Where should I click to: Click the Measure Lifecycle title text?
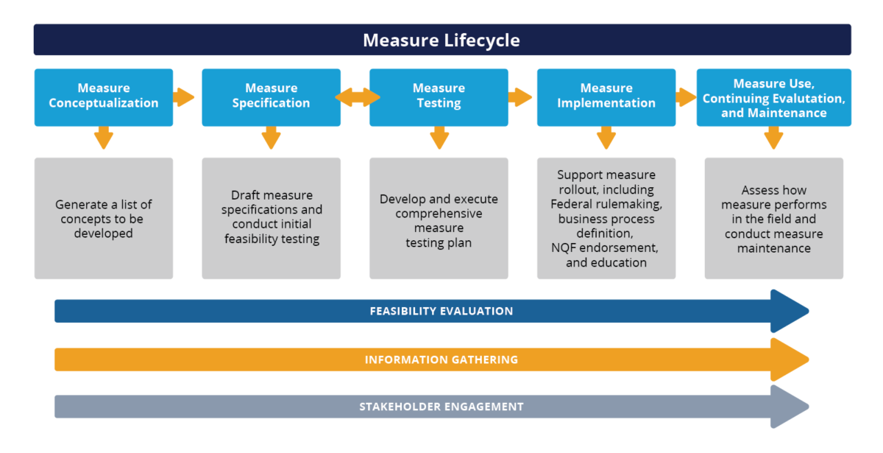pyautogui.click(x=441, y=40)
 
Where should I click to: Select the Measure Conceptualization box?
pyautogui.click(x=104, y=96)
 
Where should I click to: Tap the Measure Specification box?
pyautogui.click(x=271, y=96)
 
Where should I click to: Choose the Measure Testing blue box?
pyautogui.click(x=439, y=96)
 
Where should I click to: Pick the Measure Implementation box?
pyautogui.click(x=606, y=96)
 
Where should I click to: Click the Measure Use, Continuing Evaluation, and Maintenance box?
pyautogui.click(x=773, y=97)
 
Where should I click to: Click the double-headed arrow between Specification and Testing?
pyautogui.click(x=357, y=97)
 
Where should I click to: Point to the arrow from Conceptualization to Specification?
pyautogui.click(x=183, y=97)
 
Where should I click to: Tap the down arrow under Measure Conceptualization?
pyautogui.click(x=104, y=138)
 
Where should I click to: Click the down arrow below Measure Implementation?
pyautogui.click(x=606, y=138)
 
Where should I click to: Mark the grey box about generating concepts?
pyautogui.click(x=104, y=218)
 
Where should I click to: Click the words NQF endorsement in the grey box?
pyautogui.click(x=605, y=248)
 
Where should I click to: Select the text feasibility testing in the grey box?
pyautogui.click(x=272, y=239)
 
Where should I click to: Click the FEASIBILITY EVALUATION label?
pyautogui.click(x=441, y=311)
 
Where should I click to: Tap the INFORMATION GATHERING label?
pyautogui.click(x=441, y=359)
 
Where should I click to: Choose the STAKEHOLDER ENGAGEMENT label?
pyautogui.click(x=441, y=407)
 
